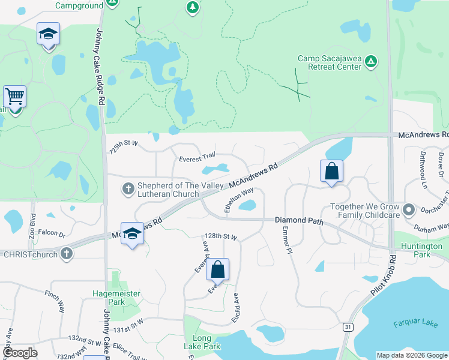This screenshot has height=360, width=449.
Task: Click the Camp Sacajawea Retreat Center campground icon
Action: coord(372,61)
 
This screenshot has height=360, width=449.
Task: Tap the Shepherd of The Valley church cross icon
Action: coord(128,189)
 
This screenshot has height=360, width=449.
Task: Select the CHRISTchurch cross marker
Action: coord(67,254)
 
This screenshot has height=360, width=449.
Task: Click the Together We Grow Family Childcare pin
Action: coord(409,210)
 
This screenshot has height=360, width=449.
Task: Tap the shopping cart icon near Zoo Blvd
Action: coord(14,96)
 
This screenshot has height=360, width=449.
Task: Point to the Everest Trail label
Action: coord(197,158)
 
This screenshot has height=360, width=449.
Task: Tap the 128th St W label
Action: coord(221,236)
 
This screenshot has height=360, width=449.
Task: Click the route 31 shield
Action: coord(347,327)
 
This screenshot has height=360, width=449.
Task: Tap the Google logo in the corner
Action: coord(20,353)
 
